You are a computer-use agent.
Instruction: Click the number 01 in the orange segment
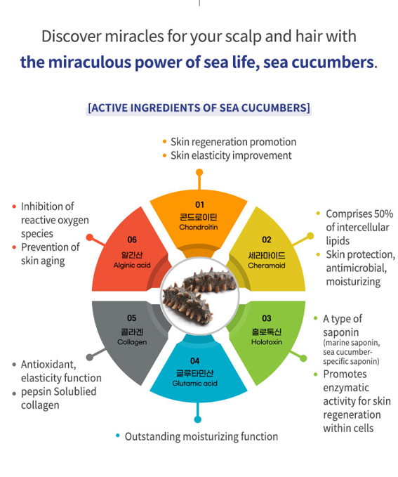[199, 204]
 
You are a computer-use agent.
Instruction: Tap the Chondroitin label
[199, 227]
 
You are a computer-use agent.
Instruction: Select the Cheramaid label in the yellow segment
[267, 266]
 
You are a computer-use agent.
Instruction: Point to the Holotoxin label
[267, 342]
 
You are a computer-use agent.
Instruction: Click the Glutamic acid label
[195, 384]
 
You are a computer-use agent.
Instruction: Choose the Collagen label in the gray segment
[132, 342]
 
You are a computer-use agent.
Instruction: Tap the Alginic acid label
[132, 266]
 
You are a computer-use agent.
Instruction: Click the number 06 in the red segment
[132, 240]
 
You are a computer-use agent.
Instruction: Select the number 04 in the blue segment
[195, 361]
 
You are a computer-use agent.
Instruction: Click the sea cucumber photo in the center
[200, 296]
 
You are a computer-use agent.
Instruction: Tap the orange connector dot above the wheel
[199, 173]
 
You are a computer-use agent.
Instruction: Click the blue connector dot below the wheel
[198, 419]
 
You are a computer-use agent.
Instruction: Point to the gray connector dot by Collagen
[90, 357]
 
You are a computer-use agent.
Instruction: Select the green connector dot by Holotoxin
[303, 358]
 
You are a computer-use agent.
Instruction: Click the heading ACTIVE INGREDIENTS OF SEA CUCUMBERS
[199, 108]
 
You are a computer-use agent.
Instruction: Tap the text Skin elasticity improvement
[231, 156]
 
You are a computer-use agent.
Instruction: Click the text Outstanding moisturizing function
[201, 437]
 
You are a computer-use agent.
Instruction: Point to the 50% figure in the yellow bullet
[384, 214]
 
